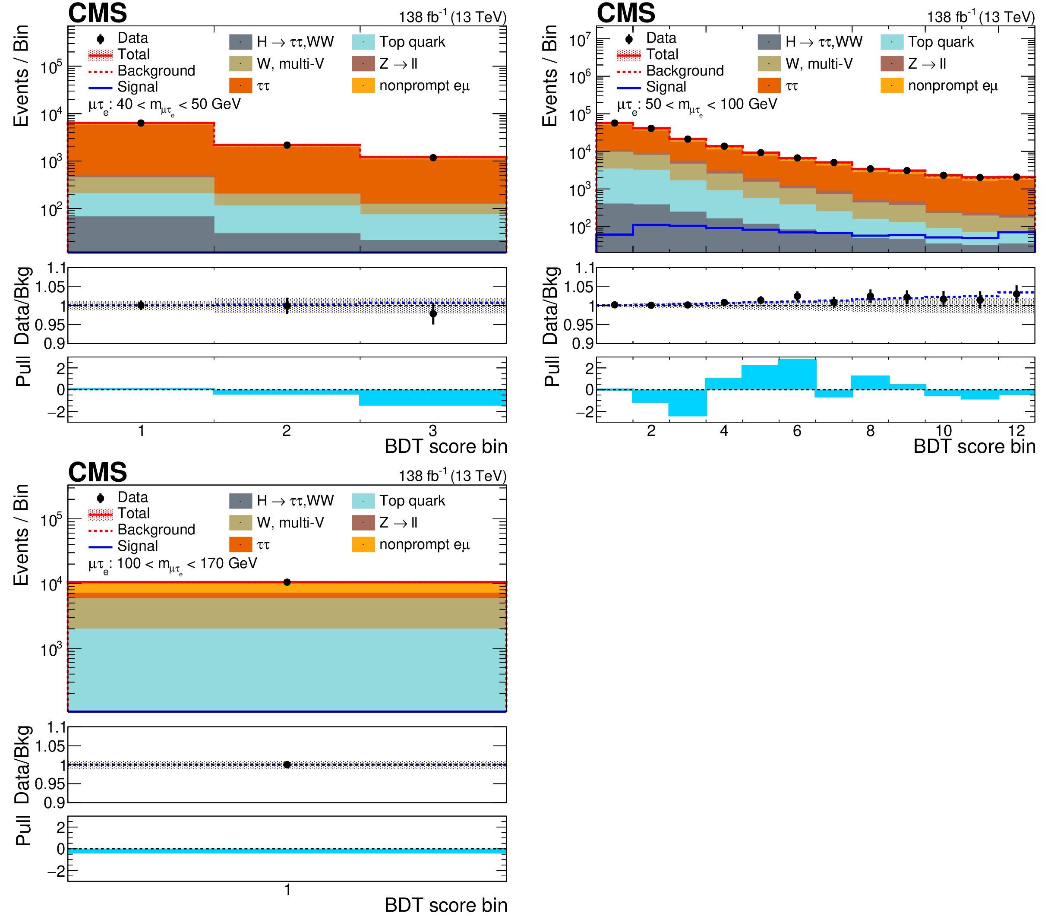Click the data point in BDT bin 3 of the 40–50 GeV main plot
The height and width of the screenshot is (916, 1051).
coord(433,158)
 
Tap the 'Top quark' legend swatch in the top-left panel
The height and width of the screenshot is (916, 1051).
coord(363,42)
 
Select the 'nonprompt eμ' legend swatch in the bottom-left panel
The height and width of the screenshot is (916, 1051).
coord(363,544)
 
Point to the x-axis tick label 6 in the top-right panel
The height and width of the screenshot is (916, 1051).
coord(797,431)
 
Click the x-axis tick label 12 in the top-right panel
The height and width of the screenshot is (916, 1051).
coord(1017,431)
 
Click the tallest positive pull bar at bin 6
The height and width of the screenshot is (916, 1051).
coord(797,374)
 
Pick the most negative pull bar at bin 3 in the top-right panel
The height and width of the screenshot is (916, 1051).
coord(688,403)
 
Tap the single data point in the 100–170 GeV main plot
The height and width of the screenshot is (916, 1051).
coord(287,582)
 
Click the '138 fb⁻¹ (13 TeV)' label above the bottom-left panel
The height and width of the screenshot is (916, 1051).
coord(452,476)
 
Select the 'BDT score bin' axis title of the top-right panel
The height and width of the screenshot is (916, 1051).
coord(974,447)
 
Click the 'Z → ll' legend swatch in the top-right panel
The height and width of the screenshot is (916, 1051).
coord(892,64)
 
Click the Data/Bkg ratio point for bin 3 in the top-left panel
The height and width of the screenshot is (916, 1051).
coord(433,314)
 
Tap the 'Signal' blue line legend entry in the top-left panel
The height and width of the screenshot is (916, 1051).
coord(100,87)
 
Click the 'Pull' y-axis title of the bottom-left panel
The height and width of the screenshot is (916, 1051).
coord(23,830)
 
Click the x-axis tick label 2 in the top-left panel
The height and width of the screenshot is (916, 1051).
coord(287,431)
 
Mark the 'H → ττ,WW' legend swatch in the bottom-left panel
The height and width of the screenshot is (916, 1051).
coord(241,501)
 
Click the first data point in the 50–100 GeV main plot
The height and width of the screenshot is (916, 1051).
coord(615,123)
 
